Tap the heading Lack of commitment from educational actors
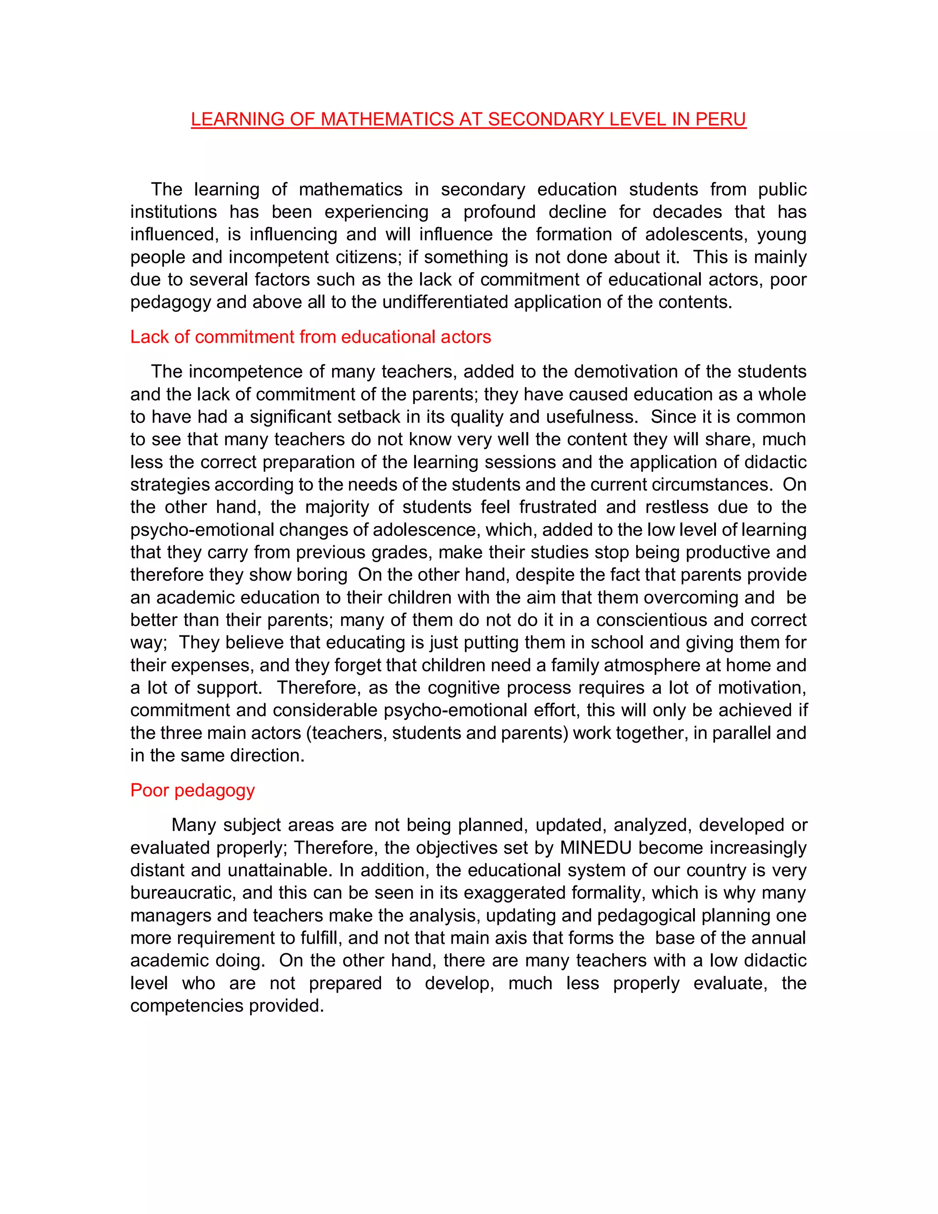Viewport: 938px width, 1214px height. (311, 337)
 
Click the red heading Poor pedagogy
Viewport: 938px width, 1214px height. (192, 790)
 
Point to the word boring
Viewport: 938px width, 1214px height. (322, 575)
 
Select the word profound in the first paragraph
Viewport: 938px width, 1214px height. (500, 212)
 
